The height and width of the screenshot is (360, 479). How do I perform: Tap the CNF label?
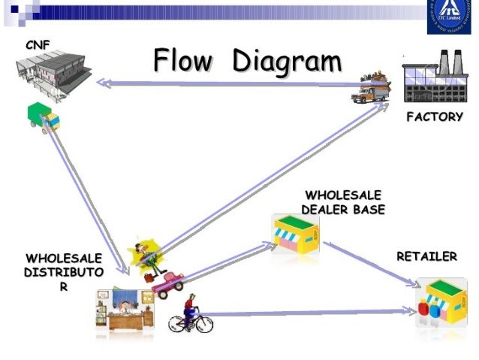(37, 45)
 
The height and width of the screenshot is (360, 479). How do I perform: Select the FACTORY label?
(434, 117)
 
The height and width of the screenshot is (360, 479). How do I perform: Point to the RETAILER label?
(426, 257)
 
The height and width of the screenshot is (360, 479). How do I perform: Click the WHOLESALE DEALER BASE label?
(342, 202)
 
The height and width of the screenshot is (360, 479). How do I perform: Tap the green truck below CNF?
(44, 116)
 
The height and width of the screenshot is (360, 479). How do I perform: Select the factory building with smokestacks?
(434, 79)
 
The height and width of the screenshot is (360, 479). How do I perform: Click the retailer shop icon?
(441, 303)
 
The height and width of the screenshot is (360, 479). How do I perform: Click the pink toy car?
(169, 283)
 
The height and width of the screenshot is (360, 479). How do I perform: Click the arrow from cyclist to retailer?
(308, 313)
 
